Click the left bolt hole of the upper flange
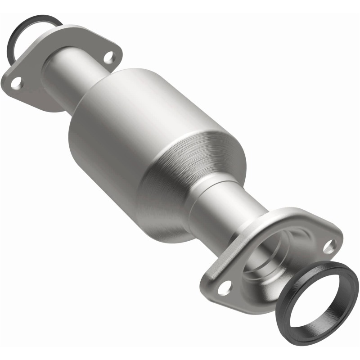(16, 83)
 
